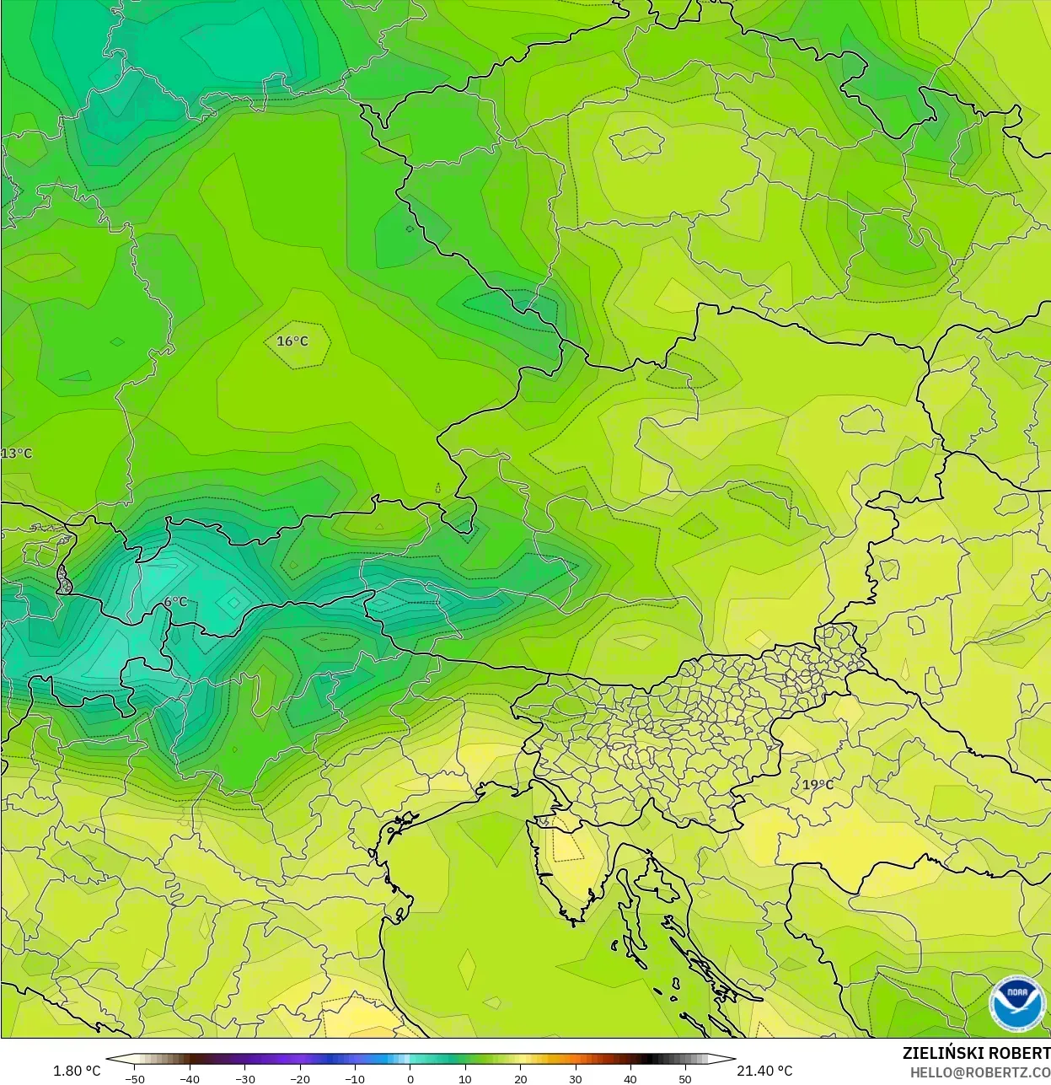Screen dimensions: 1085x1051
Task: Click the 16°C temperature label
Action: point(292,341)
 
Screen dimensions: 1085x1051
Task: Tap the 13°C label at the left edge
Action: point(16,454)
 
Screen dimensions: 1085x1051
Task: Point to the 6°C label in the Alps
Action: point(175,602)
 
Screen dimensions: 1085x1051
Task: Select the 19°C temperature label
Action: point(817,785)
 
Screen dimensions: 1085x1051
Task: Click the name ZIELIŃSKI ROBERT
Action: point(976,1054)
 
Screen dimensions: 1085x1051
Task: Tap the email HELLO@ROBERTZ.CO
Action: point(979,1072)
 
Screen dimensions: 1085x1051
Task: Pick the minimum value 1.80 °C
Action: point(77,1071)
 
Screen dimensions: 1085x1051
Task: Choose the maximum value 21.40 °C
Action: point(764,1071)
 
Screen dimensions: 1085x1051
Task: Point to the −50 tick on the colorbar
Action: point(135,1078)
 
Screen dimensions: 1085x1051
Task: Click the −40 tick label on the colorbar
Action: point(190,1078)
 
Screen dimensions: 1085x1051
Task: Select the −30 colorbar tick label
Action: point(244,1078)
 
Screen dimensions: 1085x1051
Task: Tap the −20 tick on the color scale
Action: point(300,1078)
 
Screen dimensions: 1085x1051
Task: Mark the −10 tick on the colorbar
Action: point(355,1078)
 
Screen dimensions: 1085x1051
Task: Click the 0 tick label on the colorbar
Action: point(410,1078)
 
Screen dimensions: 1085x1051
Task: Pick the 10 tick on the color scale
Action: point(465,1078)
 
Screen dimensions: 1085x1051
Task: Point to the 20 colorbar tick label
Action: point(520,1078)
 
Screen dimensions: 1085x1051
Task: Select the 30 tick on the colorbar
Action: point(576,1078)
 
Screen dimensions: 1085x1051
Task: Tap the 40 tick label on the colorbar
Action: point(630,1078)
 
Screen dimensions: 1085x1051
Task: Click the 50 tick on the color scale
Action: point(685,1078)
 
